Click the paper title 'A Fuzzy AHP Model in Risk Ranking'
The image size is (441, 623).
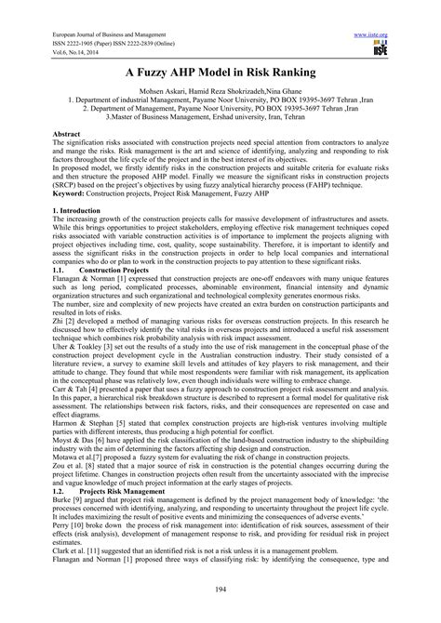tap(220, 70)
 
